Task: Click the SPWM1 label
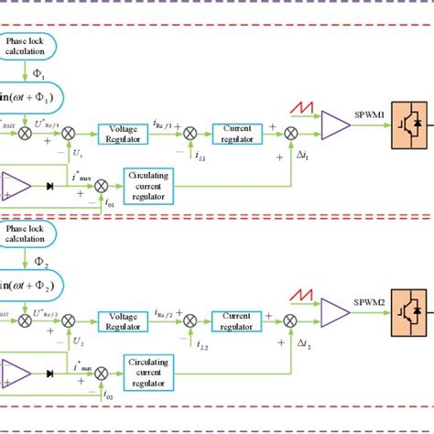pos(371,114)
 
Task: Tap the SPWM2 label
pos(371,299)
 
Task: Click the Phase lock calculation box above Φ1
pos(25,46)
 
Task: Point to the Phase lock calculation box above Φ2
pos(25,233)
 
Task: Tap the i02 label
pos(84,397)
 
